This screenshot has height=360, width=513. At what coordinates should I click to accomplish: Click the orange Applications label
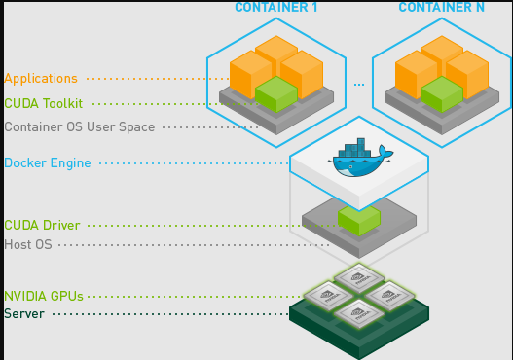pyautogui.click(x=41, y=78)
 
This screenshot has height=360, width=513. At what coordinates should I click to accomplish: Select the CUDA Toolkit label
pyautogui.click(x=44, y=103)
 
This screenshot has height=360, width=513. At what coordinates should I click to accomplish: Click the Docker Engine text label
pyautogui.click(x=48, y=162)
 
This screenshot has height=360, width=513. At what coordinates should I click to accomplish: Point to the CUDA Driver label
pyautogui.click(x=42, y=226)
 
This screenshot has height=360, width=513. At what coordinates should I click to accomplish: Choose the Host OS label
pyautogui.click(x=28, y=244)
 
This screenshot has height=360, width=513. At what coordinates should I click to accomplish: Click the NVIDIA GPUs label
pyautogui.click(x=44, y=296)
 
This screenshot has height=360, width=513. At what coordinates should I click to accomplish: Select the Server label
pyautogui.click(x=24, y=313)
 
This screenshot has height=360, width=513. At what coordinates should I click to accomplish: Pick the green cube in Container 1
pyautogui.click(x=275, y=93)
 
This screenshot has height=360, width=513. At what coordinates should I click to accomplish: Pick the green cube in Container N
pyautogui.click(x=441, y=93)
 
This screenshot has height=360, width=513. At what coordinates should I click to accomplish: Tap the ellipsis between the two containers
pyautogui.click(x=359, y=85)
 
